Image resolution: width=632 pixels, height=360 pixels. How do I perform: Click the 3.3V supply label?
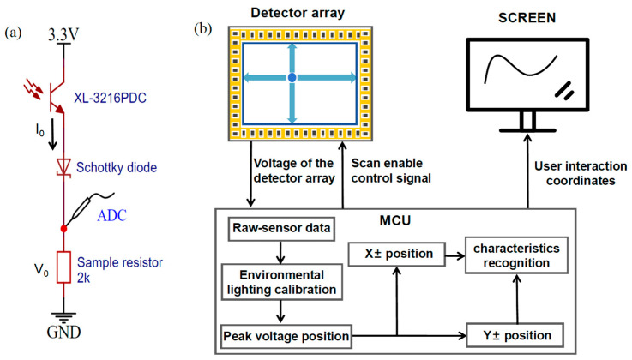(x=63, y=34)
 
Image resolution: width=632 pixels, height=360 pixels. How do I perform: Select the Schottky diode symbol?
(x=63, y=167)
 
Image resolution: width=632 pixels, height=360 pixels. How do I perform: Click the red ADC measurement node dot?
(x=63, y=229)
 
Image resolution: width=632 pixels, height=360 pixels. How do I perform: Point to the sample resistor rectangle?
(x=63, y=267)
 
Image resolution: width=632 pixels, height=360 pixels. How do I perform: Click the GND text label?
(x=63, y=333)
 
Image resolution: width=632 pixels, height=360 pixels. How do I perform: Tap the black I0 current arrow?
(x=52, y=135)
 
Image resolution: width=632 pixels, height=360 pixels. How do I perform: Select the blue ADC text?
(x=111, y=215)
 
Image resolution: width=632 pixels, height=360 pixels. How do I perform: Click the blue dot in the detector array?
(x=292, y=77)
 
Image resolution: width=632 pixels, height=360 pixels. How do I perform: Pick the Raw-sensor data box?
(x=281, y=229)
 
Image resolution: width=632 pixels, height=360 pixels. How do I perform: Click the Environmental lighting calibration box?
(x=282, y=282)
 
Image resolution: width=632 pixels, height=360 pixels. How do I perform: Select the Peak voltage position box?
(x=286, y=336)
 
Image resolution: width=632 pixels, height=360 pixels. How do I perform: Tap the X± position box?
(x=397, y=254)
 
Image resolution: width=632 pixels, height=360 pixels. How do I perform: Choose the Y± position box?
(x=515, y=335)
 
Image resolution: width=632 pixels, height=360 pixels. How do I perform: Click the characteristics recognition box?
(x=516, y=255)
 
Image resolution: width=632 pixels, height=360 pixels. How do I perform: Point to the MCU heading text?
(x=395, y=220)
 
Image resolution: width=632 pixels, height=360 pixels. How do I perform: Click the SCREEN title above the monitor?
(x=527, y=18)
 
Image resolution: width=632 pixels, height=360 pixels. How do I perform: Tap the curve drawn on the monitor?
(x=520, y=67)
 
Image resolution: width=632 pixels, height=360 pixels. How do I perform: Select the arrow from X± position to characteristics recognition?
(x=455, y=255)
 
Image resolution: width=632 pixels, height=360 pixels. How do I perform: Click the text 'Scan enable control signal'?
(x=391, y=171)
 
